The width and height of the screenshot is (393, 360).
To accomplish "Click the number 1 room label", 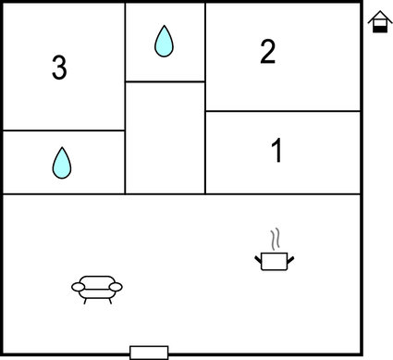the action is pos(276,151).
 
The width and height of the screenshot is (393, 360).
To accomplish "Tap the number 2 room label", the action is pos(267,52).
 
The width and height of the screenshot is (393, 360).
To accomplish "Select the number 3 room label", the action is pos(59,68).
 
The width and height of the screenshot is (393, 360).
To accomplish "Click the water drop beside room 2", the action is pos(164,41).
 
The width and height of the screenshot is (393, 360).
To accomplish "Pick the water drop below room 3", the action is pos(61,163).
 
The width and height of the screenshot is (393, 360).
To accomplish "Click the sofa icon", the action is pos(96,288).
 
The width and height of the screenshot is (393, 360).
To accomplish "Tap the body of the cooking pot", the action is pos(275,261).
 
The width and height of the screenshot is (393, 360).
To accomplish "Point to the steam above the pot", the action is pos(274,239).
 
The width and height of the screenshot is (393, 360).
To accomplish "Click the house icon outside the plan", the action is pos(378,22).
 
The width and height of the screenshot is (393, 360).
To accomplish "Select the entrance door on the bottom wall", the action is pos(149,352).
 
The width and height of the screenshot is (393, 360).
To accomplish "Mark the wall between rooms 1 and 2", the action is pos(282,111).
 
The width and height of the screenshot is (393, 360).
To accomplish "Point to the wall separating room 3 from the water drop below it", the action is pos(63,130).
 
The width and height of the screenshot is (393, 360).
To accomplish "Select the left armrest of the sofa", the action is pos(77,287).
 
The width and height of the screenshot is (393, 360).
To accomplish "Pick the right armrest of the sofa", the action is pos(116,287).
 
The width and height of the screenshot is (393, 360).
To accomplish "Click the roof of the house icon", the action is pos(378,16).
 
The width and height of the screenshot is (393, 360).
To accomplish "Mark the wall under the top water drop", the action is pos(165,81).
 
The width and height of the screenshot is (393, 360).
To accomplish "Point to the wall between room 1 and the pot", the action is pos(282,193).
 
